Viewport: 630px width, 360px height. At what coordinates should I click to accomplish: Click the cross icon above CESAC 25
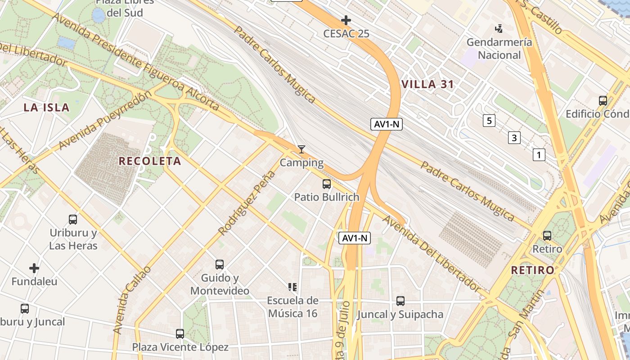click(346, 20)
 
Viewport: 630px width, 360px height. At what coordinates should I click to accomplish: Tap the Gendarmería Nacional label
click(499, 49)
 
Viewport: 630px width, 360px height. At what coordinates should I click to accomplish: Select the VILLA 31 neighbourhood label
click(427, 84)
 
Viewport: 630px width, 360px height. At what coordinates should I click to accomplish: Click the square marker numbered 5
click(489, 121)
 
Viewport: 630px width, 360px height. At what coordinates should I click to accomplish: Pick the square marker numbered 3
click(514, 138)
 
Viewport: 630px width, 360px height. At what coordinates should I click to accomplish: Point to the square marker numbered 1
click(539, 155)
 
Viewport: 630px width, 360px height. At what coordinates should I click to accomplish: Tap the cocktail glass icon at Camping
click(301, 149)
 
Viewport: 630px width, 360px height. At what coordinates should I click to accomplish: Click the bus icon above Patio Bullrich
click(327, 184)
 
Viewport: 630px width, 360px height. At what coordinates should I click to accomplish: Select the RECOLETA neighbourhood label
click(150, 161)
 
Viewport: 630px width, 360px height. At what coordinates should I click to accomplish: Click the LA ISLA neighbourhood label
click(47, 108)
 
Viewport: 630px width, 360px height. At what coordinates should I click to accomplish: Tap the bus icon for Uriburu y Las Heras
click(73, 220)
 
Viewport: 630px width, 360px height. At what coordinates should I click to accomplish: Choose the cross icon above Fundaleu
click(34, 269)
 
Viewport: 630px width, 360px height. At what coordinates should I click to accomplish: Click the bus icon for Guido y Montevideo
click(220, 265)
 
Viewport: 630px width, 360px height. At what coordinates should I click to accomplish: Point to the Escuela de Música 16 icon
click(292, 287)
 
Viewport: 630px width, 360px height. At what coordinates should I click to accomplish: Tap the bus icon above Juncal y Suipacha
click(400, 301)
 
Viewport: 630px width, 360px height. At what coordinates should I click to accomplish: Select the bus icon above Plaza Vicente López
click(180, 334)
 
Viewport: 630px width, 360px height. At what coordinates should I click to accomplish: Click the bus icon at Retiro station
click(547, 235)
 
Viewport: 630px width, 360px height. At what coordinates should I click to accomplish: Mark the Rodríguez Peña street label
click(247, 203)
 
